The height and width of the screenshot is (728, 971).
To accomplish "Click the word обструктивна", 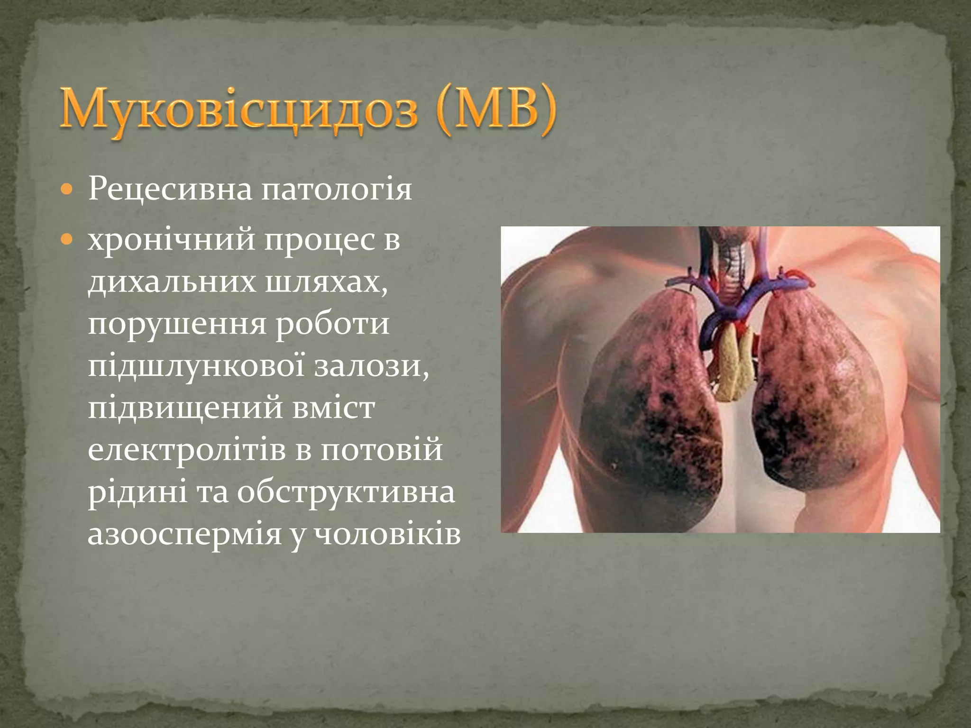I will pos(346,492).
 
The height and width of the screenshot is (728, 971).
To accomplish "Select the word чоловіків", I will pos(389,535).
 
